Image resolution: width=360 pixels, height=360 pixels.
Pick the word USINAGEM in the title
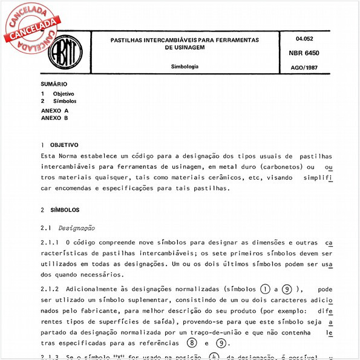184,47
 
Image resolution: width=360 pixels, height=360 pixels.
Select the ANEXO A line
54,111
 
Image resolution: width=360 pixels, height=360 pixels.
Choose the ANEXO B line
54,118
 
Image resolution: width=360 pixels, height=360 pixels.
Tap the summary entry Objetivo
64,94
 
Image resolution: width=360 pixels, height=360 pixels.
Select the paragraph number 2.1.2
50,289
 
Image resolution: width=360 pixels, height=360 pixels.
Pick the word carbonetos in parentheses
275,166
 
